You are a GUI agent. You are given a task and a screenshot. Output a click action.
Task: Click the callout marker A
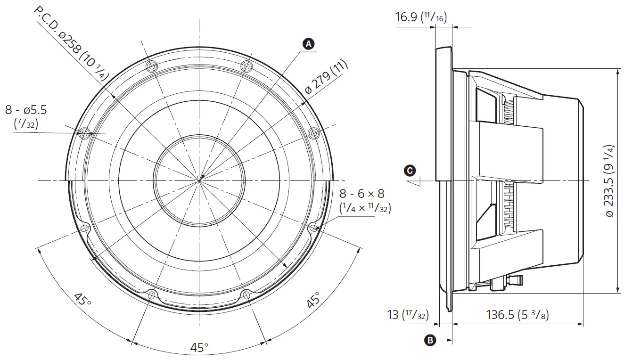pyautogui.click(x=308, y=44)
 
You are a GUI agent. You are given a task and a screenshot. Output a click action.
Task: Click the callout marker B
pyautogui.click(x=430, y=339)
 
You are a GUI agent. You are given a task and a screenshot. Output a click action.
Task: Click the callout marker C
pyautogui.click(x=411, y=170)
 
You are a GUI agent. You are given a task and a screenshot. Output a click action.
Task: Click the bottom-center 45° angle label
pyautogui.click(x=199, y=348)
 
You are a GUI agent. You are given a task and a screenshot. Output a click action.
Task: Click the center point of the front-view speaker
pyautogui.click(x=199, y=180)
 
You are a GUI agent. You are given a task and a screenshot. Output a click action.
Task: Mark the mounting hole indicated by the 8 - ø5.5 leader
pyautogui.click(x=84, y=133)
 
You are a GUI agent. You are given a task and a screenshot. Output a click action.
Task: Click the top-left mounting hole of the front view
pyautogui.click(x=151, y=65)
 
